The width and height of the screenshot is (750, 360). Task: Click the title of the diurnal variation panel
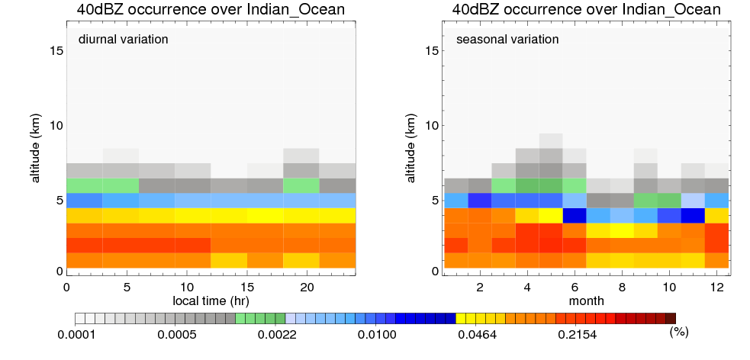pos(210,10)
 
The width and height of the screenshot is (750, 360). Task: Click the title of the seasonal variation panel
pos(585,10)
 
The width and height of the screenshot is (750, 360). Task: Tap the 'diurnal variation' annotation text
pos(123,39)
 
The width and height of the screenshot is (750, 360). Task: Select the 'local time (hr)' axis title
pos(211,301)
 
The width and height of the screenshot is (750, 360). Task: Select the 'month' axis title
pos(586,301)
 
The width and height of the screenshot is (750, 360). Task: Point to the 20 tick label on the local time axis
pos(307,287)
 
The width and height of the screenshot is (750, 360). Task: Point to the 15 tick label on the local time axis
pos(246,287)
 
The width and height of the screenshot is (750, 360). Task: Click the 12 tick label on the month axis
pos(716,287)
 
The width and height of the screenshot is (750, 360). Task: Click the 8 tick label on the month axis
pos(622,287)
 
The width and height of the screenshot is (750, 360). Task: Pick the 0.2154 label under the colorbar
pos(575,333)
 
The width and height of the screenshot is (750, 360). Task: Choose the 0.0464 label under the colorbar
pos(476,333)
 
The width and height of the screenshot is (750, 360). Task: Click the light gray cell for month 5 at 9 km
pos(550,140)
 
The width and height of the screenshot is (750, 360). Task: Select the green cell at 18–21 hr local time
pos(301,185)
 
